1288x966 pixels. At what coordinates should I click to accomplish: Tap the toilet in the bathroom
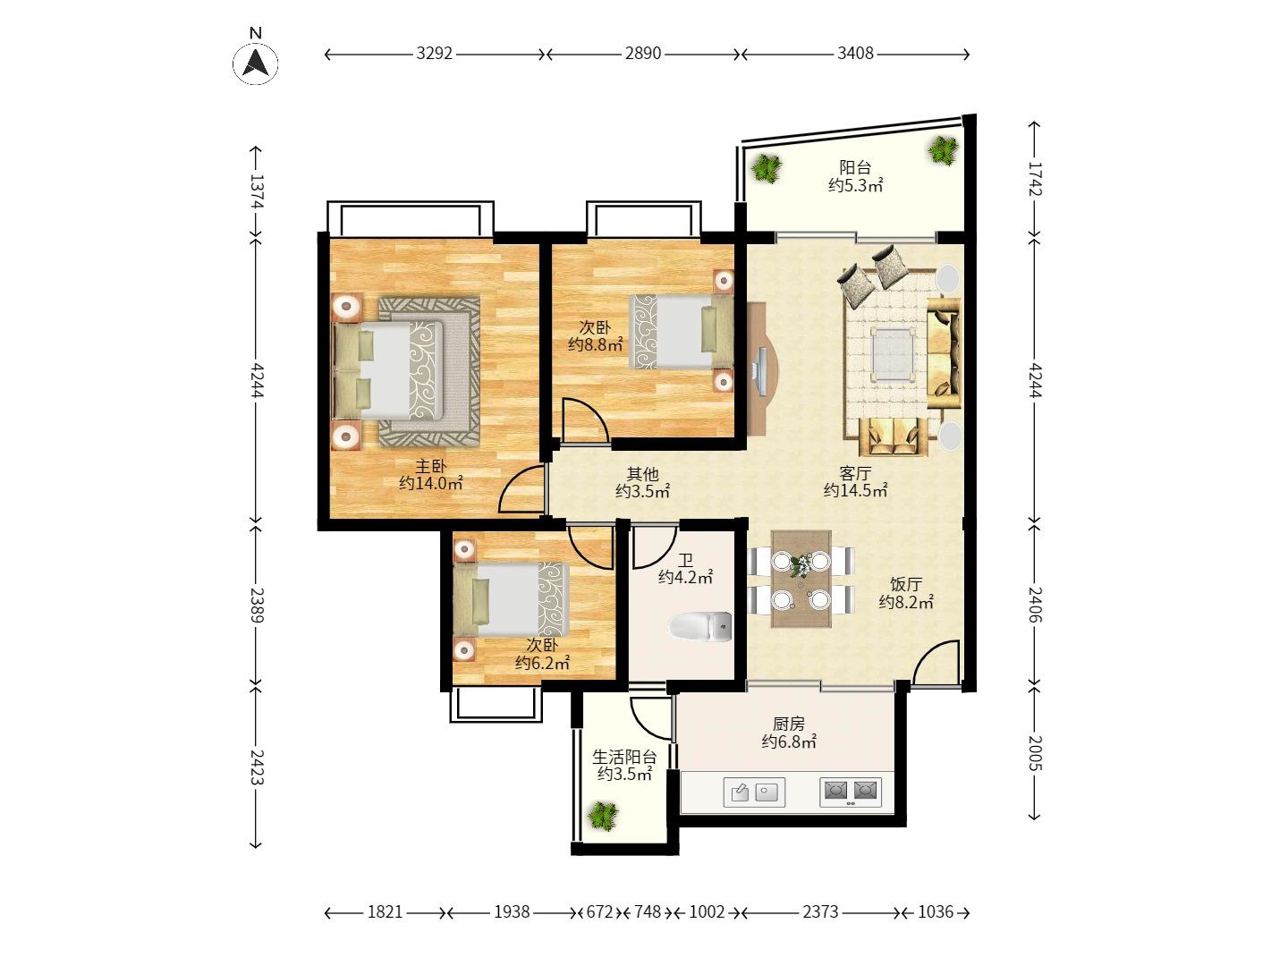(x=700, y=627)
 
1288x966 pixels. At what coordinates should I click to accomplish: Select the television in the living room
(x=761, y=370)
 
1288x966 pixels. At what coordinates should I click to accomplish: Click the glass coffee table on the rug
(x=894, y=354)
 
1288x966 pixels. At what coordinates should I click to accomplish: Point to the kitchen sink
(x=754, y=792)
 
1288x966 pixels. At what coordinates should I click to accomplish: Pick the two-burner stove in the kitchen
(x=851, y=792)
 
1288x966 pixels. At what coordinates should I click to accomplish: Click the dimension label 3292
(x=434, y=54)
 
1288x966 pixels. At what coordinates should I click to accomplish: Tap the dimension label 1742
(x=1035, y=179)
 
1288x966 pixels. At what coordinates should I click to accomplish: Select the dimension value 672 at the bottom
(x=599, y=912)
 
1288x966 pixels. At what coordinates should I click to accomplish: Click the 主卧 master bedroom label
(x=431, y=466)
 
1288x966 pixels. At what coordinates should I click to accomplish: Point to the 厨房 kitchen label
(x=789, y=724)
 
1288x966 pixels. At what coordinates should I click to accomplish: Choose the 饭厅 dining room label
(x=906, y=584)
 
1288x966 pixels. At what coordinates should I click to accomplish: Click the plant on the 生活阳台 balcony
(x=603, y=816)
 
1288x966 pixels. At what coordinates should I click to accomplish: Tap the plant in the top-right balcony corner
(x=944, y=151)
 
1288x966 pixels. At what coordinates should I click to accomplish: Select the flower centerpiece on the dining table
(x=801, y=566)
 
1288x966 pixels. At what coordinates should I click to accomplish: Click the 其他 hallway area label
(x=642, y=473)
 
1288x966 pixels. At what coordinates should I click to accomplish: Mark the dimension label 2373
(x=820, y=912)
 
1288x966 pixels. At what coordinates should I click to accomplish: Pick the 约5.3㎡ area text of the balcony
(x=856, y=186)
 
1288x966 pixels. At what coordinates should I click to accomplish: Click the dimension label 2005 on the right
(x=1035, y=754)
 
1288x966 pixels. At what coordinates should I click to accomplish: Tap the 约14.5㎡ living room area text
(x=856, y=491)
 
